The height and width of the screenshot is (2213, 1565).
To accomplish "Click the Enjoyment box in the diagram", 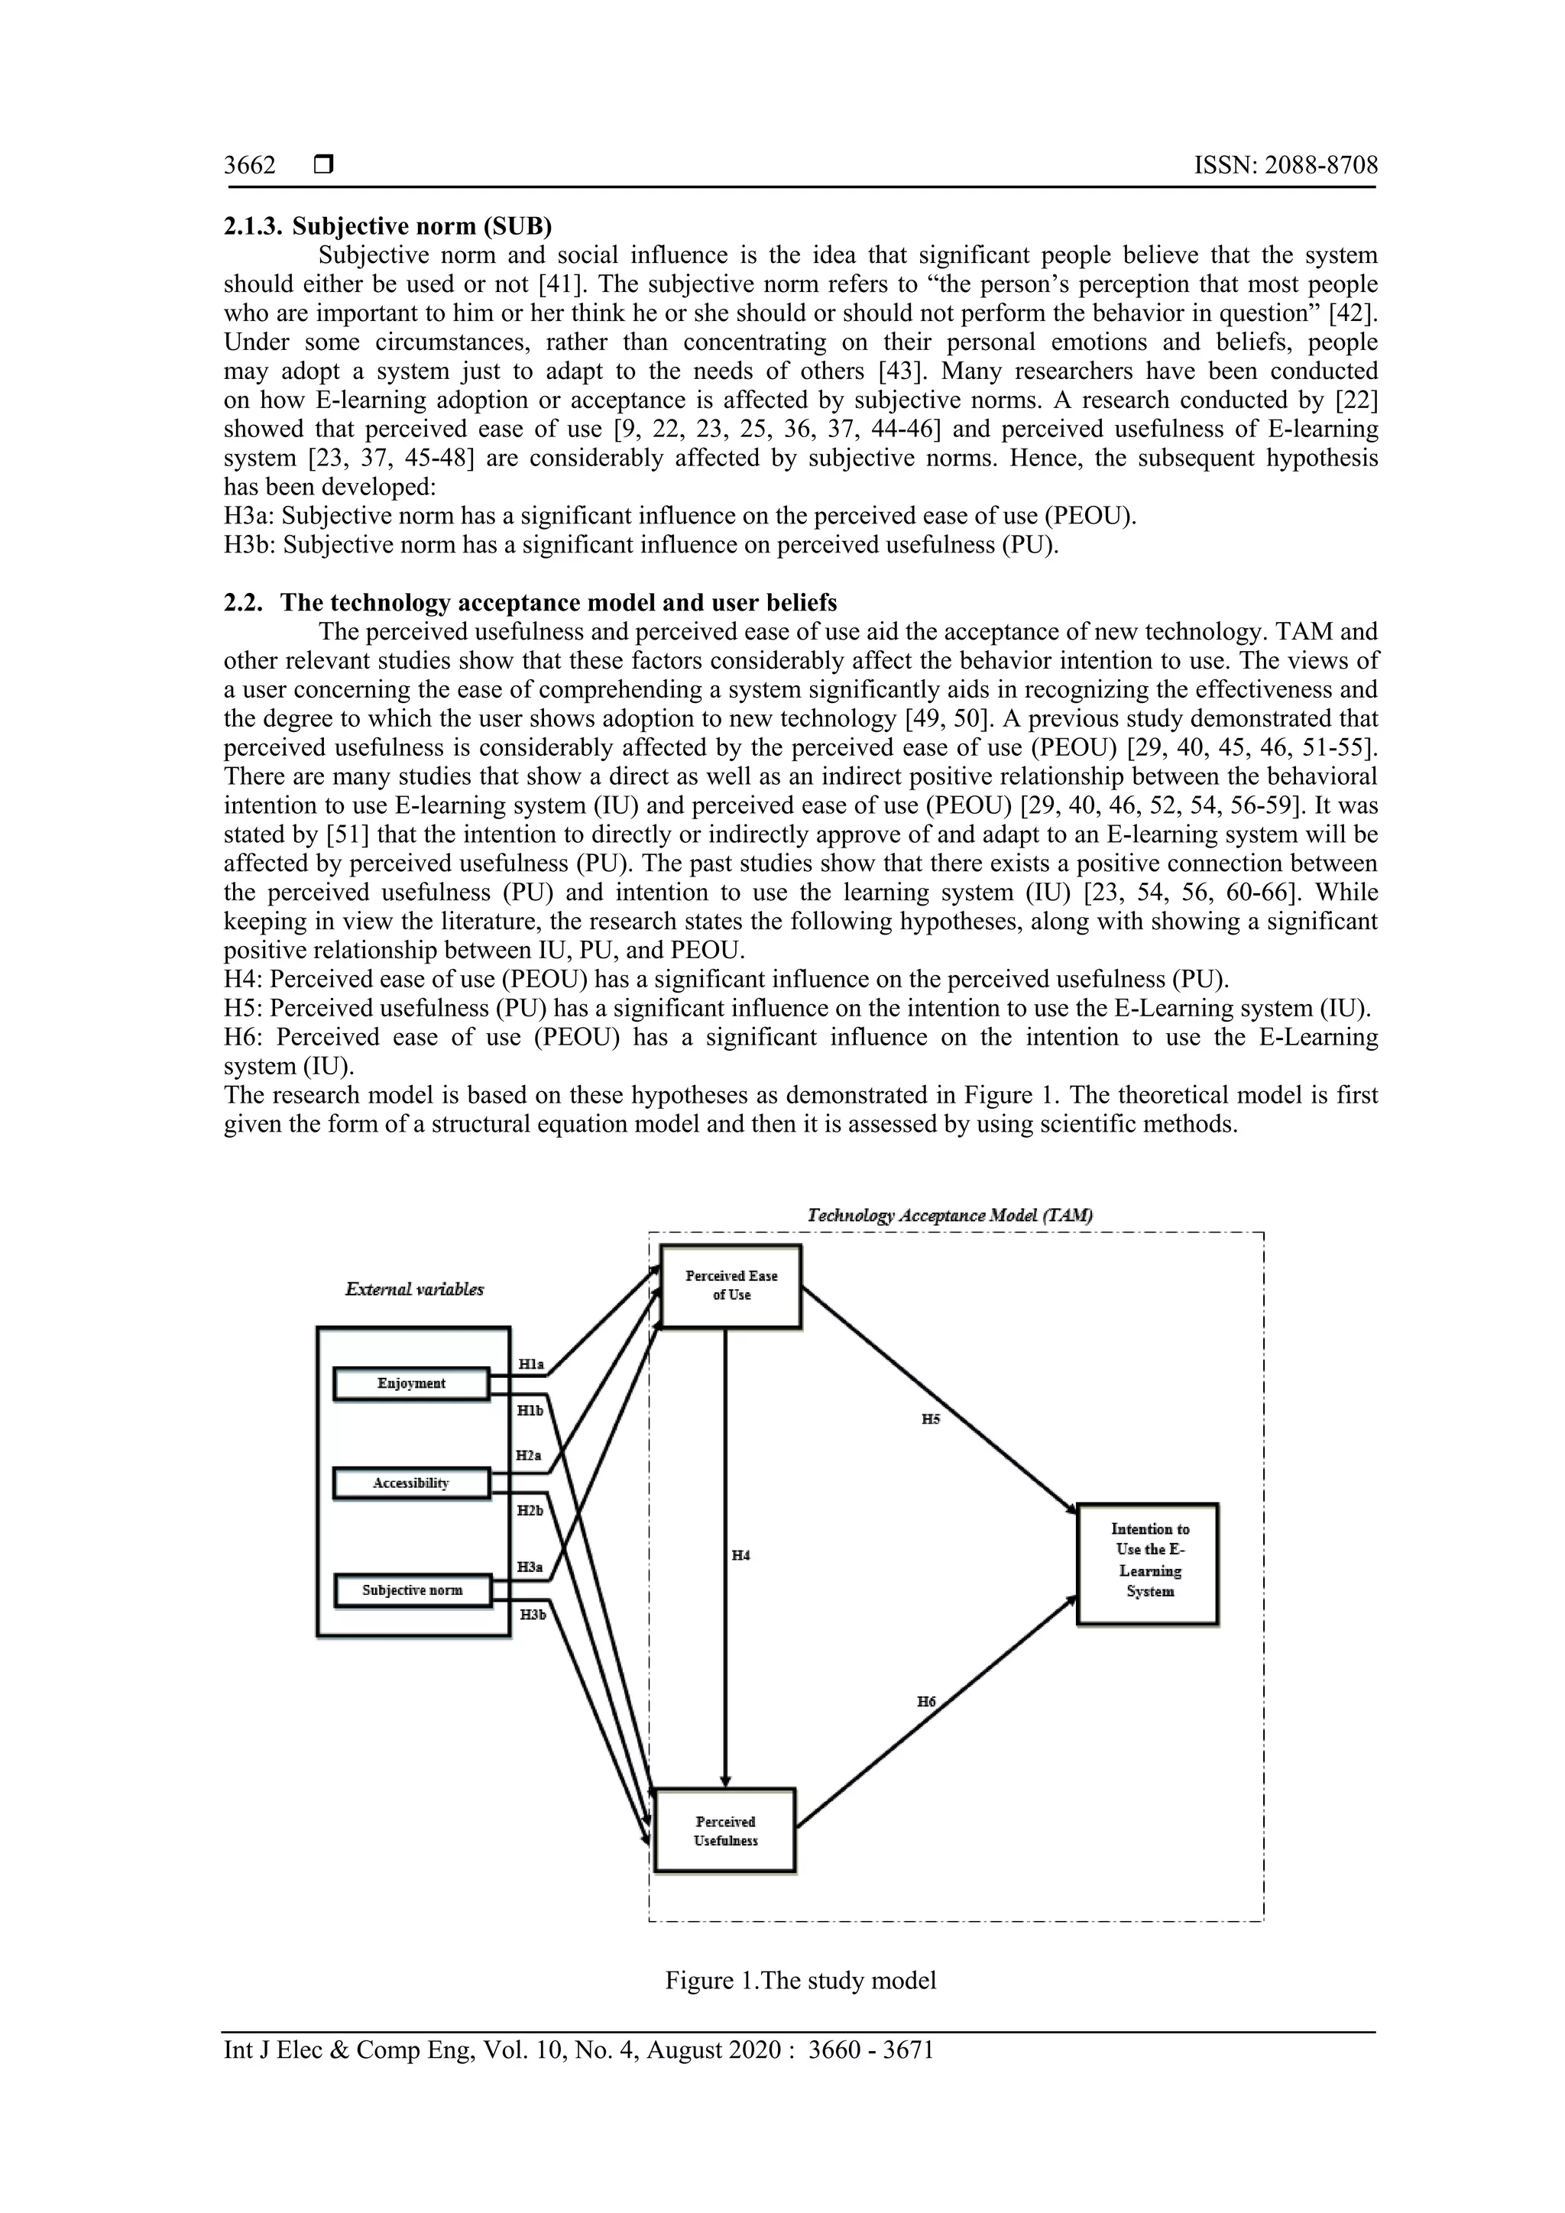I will coord(411,1383).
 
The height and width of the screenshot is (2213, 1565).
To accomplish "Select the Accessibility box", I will coord(411,1483).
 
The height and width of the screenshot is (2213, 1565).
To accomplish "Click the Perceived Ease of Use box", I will coord(731,1286).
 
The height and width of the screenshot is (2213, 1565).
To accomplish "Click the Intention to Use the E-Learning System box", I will coord(1149,1560).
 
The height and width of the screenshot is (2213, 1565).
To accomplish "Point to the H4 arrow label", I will coord(740,1556).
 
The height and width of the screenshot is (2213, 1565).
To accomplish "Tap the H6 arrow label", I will coord(926,1702).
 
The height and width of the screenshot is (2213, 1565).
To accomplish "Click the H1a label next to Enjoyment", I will coord(531,1364).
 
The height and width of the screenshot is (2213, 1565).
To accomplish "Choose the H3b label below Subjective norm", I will coord(533,1615).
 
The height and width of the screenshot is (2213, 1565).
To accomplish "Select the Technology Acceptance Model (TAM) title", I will coord(949,1216).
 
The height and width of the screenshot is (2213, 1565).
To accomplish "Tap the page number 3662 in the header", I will coord(250,166).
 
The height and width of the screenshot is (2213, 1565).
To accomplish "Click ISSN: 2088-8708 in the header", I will coord(1285,166).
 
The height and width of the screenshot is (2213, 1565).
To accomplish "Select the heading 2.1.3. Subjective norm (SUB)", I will coord(388,226).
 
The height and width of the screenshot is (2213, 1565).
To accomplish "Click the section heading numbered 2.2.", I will coord(530,604).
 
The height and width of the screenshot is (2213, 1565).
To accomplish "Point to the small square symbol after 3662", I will coord(322,166).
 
